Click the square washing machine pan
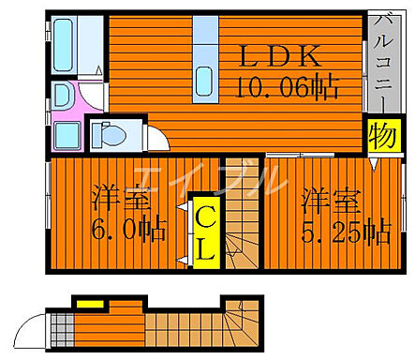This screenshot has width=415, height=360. point(65,132)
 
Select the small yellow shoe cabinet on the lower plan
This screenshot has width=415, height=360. point(89,303)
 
